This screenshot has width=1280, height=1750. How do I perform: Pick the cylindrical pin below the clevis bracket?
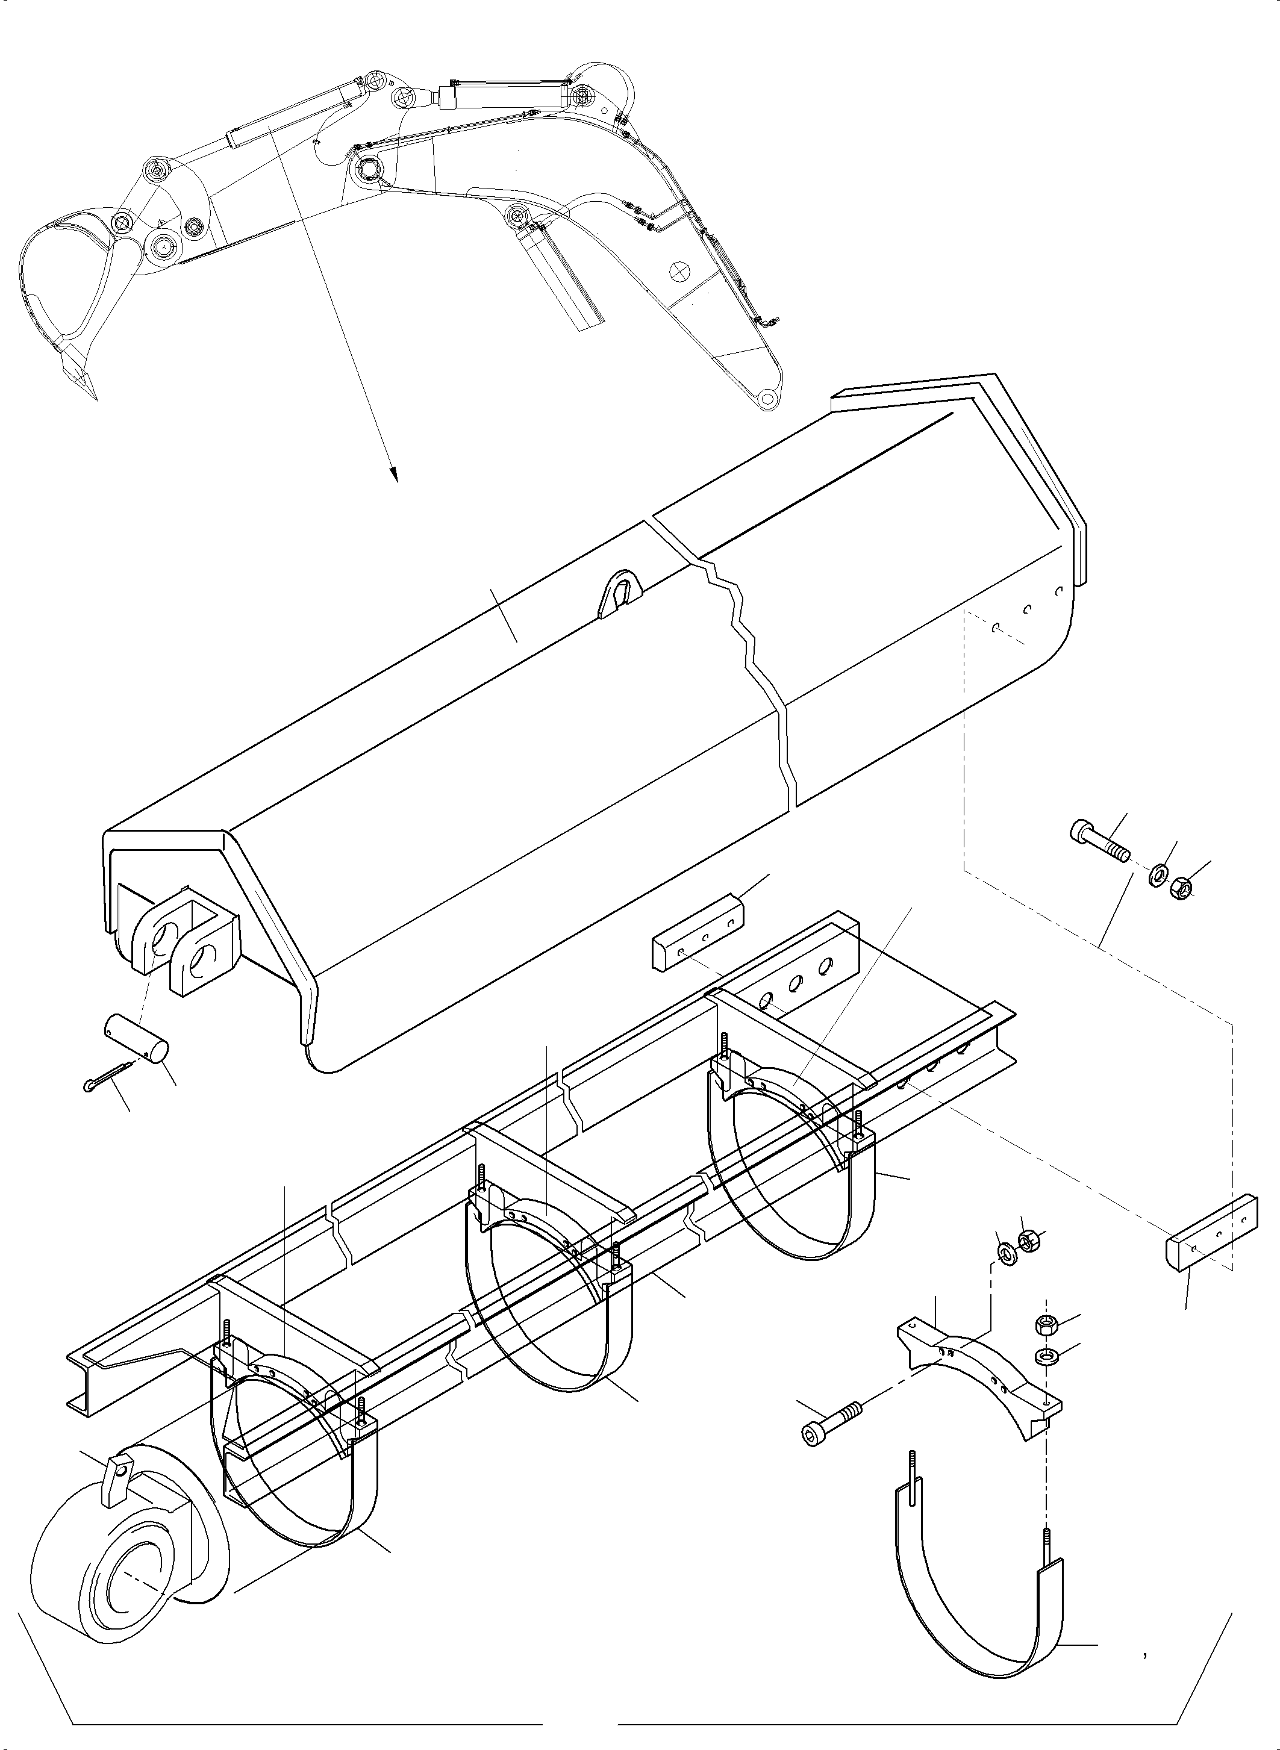click(137, 1038)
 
